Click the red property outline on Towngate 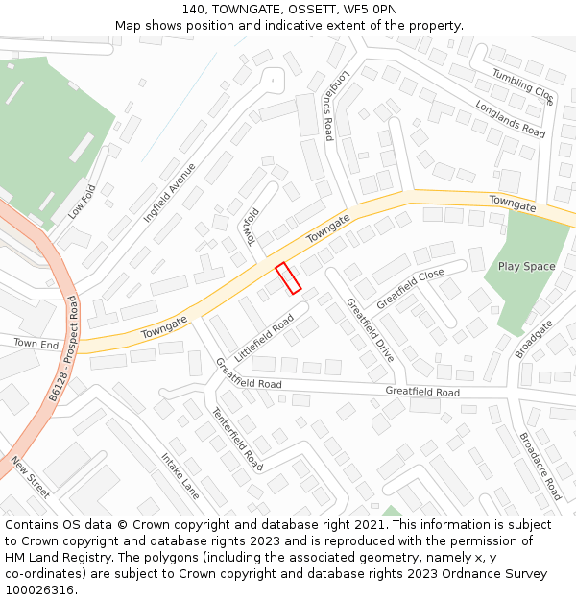click(x=289, y=277)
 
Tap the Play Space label click(x=526, y=266)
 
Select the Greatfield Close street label click(x=410, y=288)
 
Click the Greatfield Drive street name click(x=370, y=330)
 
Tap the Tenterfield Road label click(x=237, y=438)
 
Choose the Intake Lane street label click(x=180, y=476)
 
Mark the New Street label click(x=30, y=477)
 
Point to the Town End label click(x=36, y=344)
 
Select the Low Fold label click(x=83, y=202)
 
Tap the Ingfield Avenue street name click(x=170, y=192)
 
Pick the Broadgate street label click(x=534, y=339)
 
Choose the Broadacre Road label click(x=540, y=467)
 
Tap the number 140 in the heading click(x=192, y=9)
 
